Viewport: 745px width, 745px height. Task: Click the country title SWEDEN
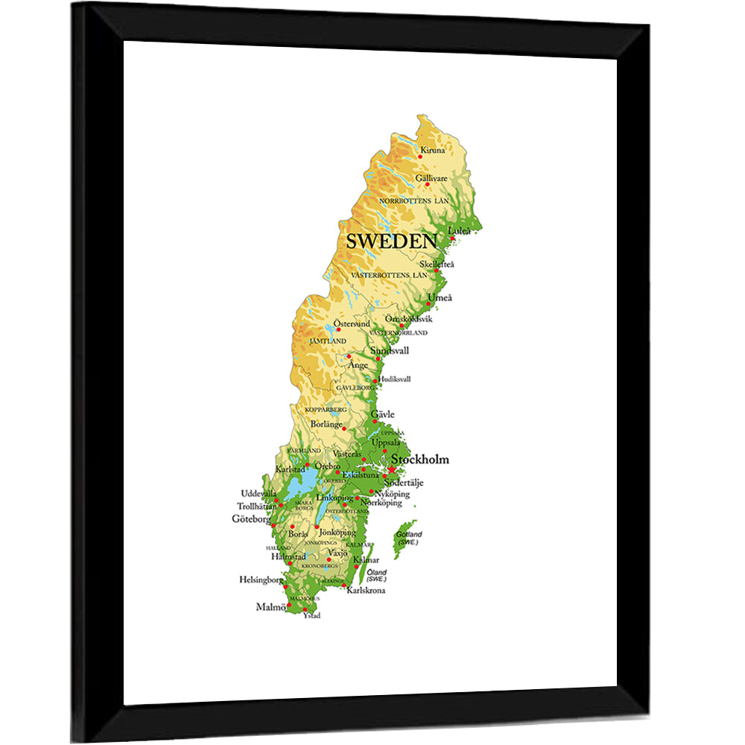(x=390, y=241)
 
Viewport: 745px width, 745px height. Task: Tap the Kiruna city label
(x=432, y=150)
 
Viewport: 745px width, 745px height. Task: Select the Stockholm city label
(x=419, y=460)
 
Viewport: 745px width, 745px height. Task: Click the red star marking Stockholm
(x=391, y=470)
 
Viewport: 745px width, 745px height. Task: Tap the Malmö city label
(x=270, y=607)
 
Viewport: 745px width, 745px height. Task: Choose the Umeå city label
(x=440, y=298)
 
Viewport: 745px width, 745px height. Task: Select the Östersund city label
(x=351, y=324)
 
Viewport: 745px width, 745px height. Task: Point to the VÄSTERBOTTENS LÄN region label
(x=390, y=276)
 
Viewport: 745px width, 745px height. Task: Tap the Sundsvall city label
(x=390, y=351)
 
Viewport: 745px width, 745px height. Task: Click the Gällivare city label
(x=431, y=179)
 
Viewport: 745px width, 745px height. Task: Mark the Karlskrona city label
(x=367, y=591)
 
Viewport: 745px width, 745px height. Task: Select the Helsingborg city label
(x=261, y=579)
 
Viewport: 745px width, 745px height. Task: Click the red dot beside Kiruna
(x=419, y=156)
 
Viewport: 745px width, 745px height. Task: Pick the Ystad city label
(x=311, y=615)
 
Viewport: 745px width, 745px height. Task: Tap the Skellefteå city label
(x=437, y=264)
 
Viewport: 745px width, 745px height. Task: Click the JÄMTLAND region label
(x=328, y=340)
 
